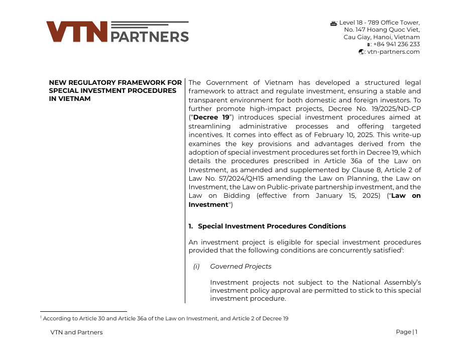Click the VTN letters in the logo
coord(77,32)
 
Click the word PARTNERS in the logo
coord(149,37)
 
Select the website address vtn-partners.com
coord(393,52)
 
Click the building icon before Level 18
coord(333,23)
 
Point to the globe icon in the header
coord(362,52)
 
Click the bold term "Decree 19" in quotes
coord(211,117)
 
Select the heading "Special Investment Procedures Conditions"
coord(272,226)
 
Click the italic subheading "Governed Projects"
coord(241,267)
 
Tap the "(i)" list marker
coord(196,267)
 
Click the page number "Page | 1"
coord(406,332)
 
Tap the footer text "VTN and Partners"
coord(76,332)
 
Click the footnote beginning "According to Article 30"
coord(165,318)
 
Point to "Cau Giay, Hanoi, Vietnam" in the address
coord(382,37)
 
